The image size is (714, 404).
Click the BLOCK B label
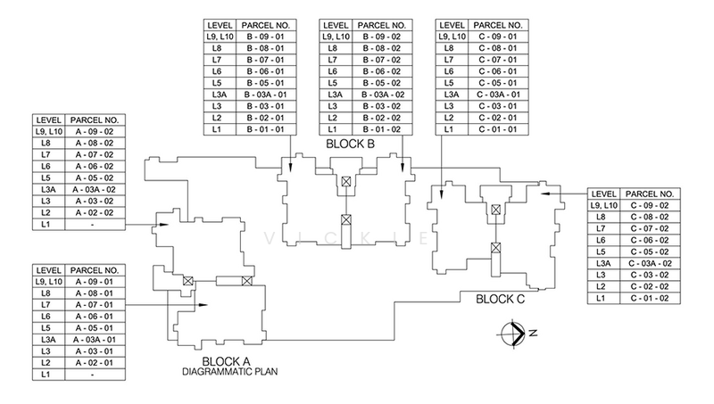(x=350, y=144)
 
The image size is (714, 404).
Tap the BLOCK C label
(x=500, y=300)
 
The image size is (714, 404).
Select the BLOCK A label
(x=226, y=362)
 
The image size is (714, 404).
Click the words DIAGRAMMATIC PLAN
(x=230, y=372)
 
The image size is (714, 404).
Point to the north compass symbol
(x=513, y=334)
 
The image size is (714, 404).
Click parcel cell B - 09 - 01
(x=266, y=37)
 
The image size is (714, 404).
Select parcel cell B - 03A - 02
(x=383, y=95)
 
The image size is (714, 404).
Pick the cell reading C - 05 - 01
(x=498, y=83)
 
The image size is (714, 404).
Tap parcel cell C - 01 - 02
(x=650, y=299)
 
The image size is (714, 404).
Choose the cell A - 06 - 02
(x=95, y=167)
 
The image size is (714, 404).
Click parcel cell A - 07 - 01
(x=95, y=305)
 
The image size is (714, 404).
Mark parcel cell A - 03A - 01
(x=95, y=340)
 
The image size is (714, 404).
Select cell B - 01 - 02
(x=383, y=129)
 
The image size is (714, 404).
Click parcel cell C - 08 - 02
(x=650, y=217)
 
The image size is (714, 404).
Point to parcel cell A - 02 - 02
(x=95, y=212)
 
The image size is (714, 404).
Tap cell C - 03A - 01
(x=498, y=95)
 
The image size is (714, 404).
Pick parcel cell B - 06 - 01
(x=266, y=71)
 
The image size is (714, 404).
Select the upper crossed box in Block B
(x=346, y=182)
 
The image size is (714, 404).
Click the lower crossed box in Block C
(x=495, y=248)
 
